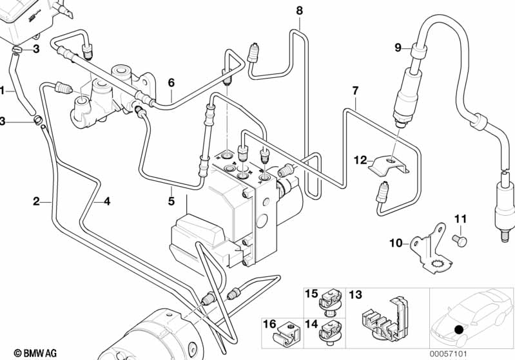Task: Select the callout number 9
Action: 398,47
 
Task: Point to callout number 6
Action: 171,82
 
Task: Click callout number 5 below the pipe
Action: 171,200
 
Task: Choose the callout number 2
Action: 37,201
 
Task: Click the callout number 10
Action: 395,243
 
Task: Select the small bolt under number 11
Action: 460,240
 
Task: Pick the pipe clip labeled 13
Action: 385,320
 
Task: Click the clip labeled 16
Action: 286,333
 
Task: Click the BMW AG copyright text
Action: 25,353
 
